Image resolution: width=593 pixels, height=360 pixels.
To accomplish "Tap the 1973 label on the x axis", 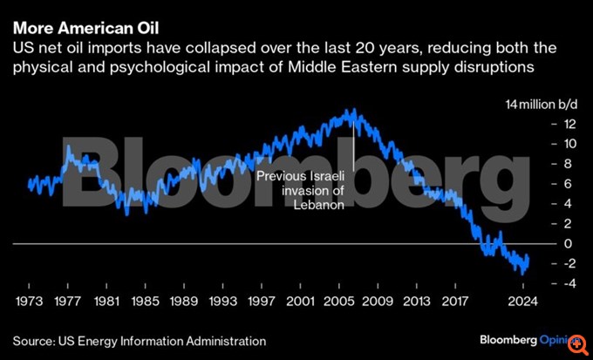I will [29, 302].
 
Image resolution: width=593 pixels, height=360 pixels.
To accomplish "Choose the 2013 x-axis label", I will [414, 302].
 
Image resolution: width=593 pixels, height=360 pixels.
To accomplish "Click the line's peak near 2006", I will [352, 112].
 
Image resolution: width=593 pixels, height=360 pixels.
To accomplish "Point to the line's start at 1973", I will [29, 183].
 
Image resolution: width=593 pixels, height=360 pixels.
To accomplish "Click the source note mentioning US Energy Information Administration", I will [139, 340].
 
